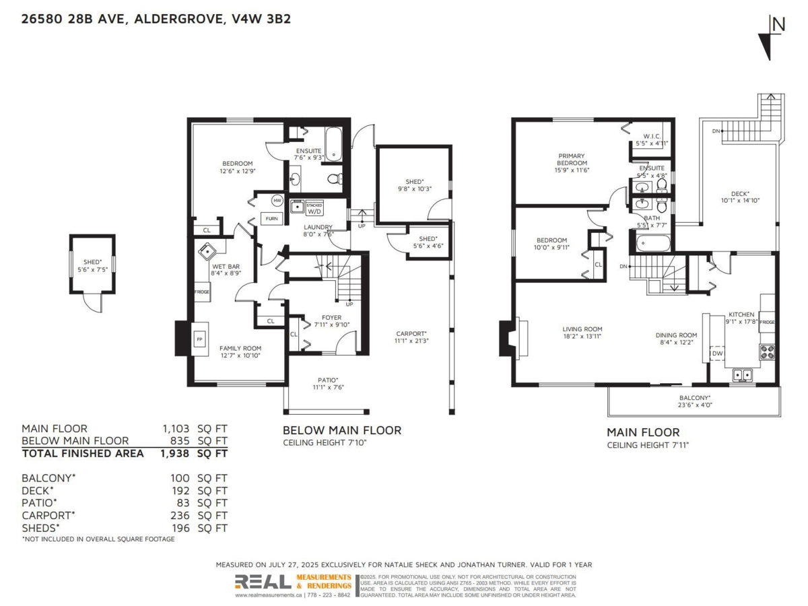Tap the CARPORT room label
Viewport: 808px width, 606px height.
click(411, 334)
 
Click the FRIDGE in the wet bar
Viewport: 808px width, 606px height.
click(202, 292)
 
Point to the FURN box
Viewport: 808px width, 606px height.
click(271, 219)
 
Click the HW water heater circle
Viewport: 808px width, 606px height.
click(277, 201)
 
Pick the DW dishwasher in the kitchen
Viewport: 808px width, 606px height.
click(717, 353)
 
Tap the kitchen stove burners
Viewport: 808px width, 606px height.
click(767, 351)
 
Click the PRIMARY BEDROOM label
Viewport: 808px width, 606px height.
click(572, 160)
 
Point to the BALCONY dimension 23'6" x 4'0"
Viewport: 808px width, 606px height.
click(696, 405)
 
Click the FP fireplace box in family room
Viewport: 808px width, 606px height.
click(199, 340)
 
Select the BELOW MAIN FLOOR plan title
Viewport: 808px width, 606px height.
click(341, 430)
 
